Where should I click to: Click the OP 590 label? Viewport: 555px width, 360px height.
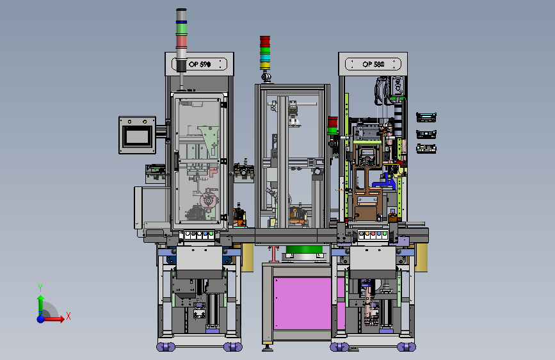[x=200, y=64]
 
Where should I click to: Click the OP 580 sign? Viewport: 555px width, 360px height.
[x=373, y=64]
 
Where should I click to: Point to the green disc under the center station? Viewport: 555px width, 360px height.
[x=305, y=249]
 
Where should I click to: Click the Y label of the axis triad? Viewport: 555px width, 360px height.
[x=40, y=288]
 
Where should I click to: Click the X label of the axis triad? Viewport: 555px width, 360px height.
[x=68, y=316]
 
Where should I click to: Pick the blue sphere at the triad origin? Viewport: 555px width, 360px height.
[x=41, y=319]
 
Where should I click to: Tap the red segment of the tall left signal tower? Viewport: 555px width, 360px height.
[x=181, y=42]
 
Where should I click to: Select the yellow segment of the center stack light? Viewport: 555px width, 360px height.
[x=265, y=65]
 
